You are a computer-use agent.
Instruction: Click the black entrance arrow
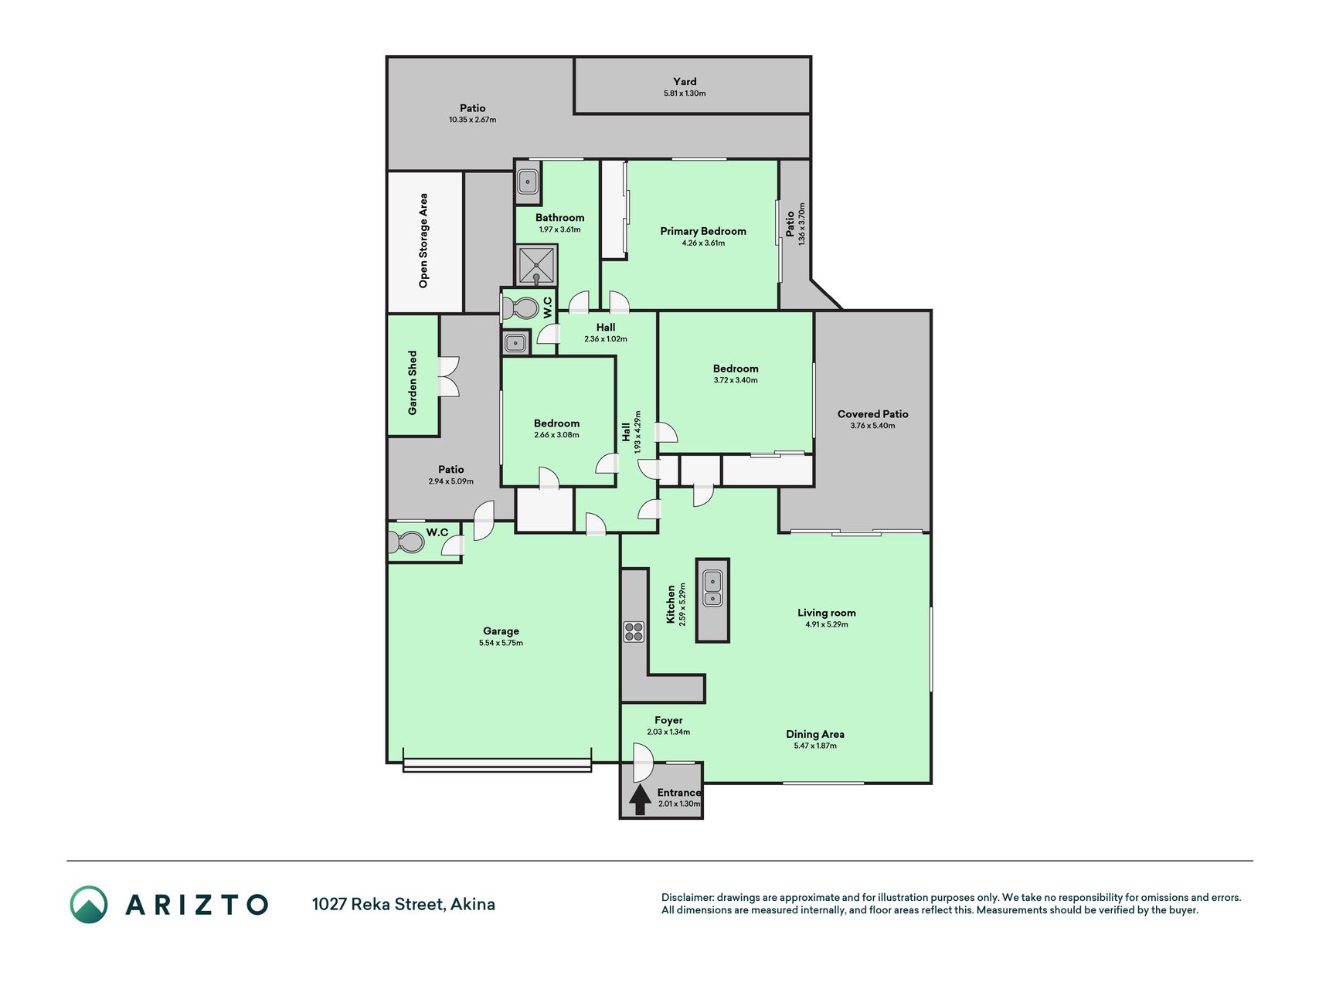(639, 800)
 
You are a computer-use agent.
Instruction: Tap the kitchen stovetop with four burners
(634, 632)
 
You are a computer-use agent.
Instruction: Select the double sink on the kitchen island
(712, 588)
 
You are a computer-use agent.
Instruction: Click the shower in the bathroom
(536, 265)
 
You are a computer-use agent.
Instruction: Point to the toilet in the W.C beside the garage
(406, 542)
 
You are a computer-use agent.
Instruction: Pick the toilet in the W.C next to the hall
(520, 308)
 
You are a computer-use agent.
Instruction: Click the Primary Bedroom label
(703, 231)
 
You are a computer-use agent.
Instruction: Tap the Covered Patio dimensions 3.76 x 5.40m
(872, 426)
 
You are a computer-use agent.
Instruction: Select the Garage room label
(501, 630)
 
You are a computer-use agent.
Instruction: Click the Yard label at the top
(685, 81)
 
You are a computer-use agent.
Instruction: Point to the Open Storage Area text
(423, 241)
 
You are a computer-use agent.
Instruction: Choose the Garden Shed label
(412, 382)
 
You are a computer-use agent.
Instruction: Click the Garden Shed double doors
(448, 376)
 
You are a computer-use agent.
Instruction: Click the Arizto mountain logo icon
(89, 904)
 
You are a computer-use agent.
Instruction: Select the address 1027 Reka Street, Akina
(403, 904)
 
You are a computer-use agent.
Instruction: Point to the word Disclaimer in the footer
(687, 898)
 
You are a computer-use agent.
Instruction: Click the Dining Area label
(815, 734)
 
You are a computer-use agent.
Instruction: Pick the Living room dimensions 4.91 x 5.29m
(827, 624)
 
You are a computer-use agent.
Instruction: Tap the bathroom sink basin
(528, 182)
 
